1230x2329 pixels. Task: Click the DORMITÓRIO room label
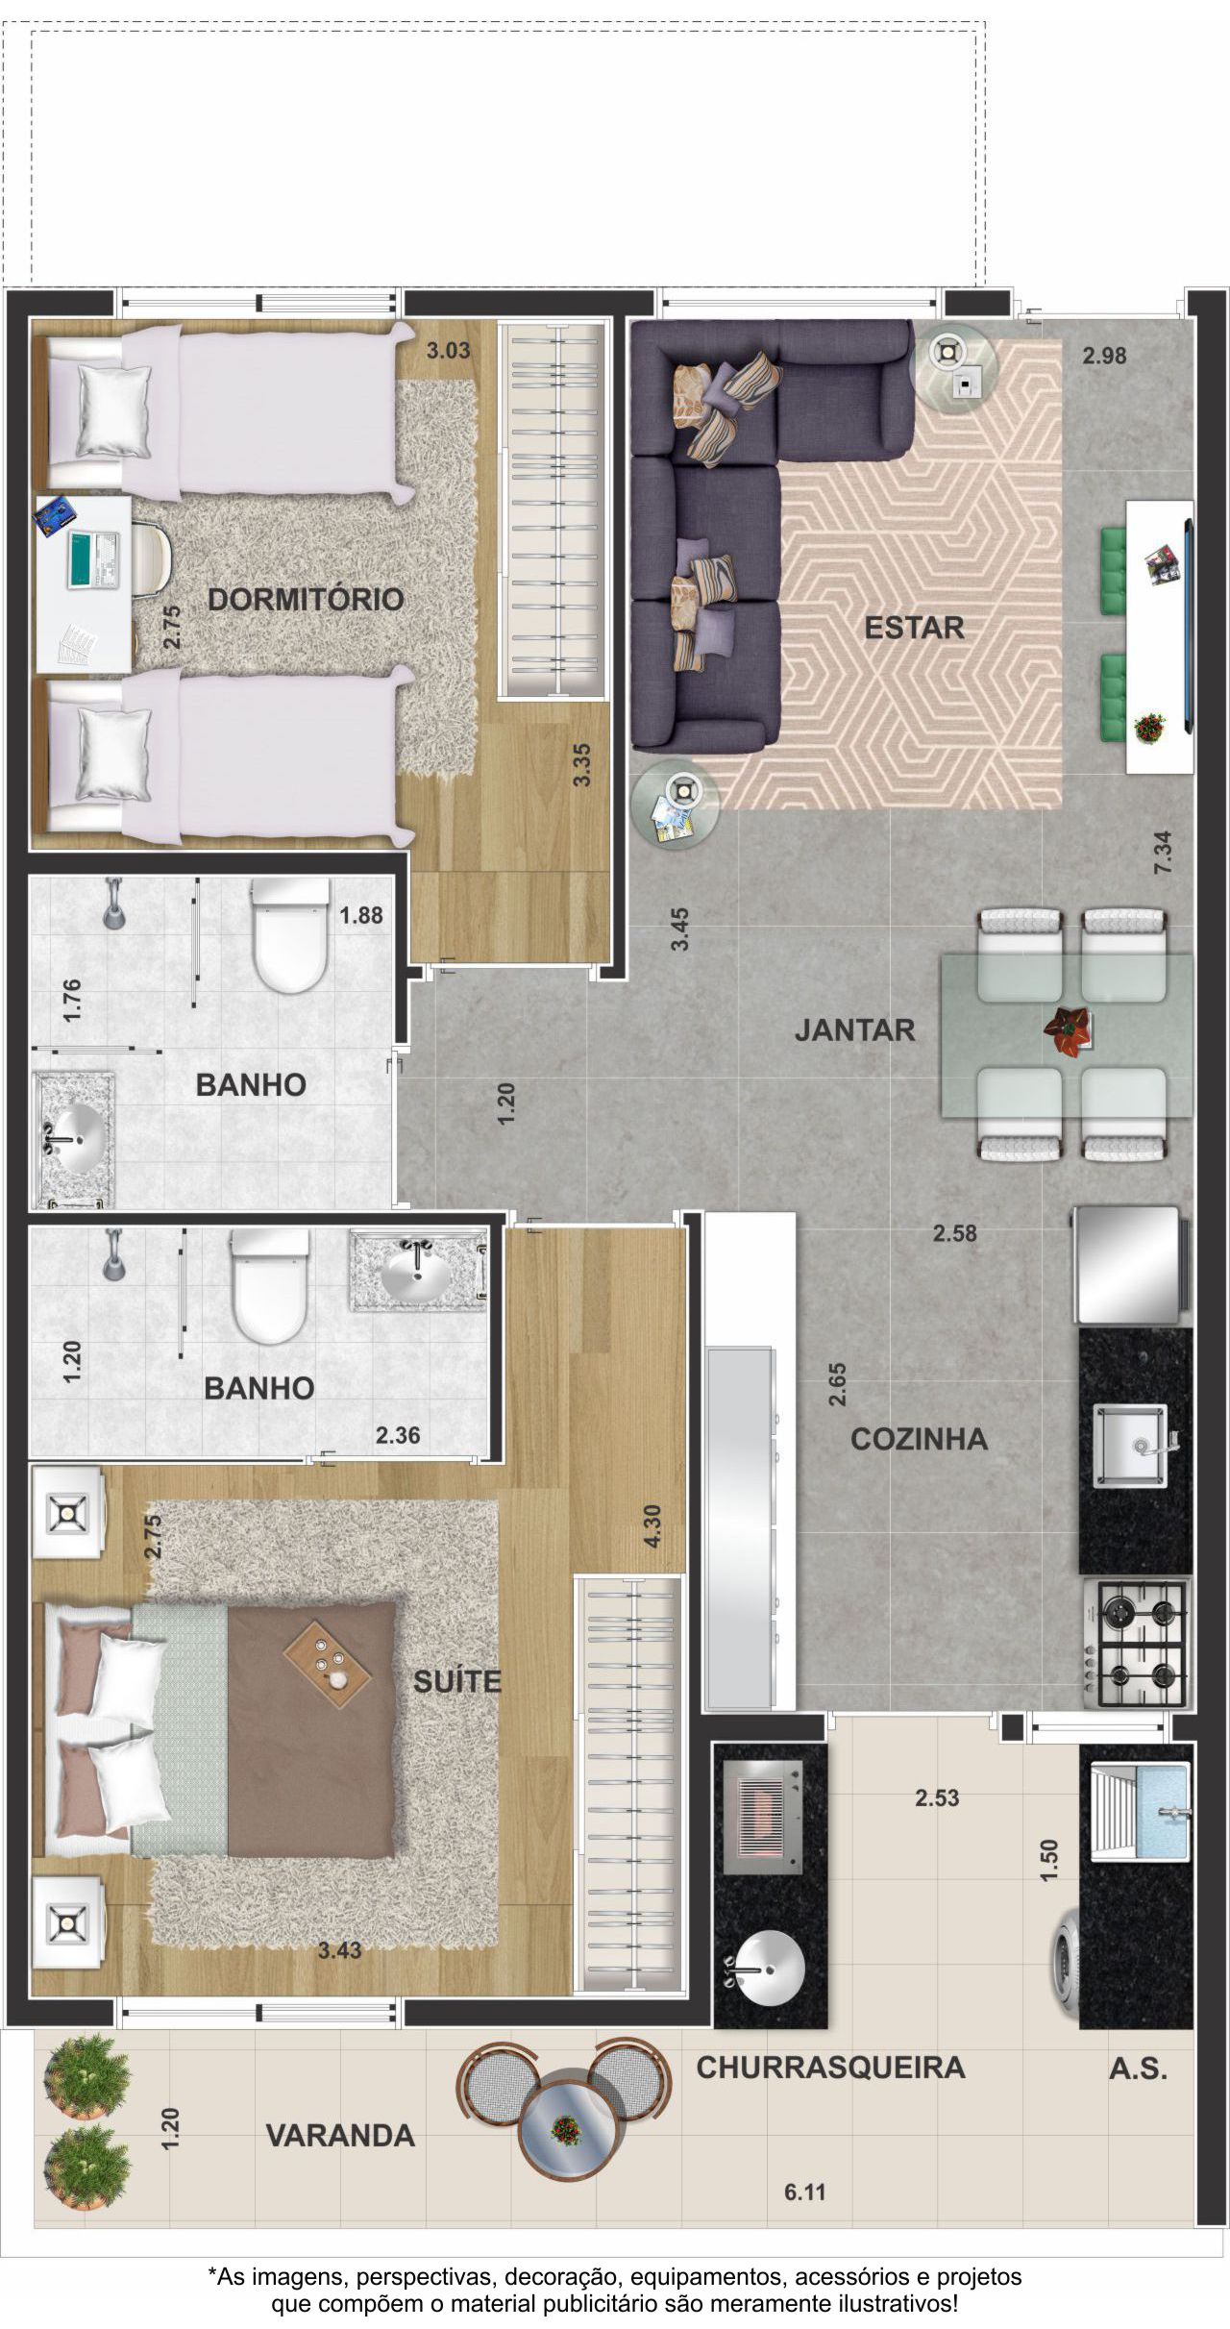[x=306, y=600]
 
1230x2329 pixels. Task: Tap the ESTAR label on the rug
[x=914, y=628]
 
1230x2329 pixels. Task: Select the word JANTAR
[x=854, y=1030]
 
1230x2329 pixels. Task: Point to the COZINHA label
[x=919, y=1439]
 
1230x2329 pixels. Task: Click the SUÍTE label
[x=457, y=1681]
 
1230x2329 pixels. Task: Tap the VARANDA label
[x=340, y=2136]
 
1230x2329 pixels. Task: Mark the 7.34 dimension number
[x=1163, y=853]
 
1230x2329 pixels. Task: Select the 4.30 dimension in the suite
[x=652, y=1525]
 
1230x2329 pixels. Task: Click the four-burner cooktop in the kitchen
[x=1137, y=1643]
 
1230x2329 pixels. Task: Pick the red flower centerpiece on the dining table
[x=1068, y=1029]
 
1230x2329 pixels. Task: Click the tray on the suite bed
[x=328, y=1664]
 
